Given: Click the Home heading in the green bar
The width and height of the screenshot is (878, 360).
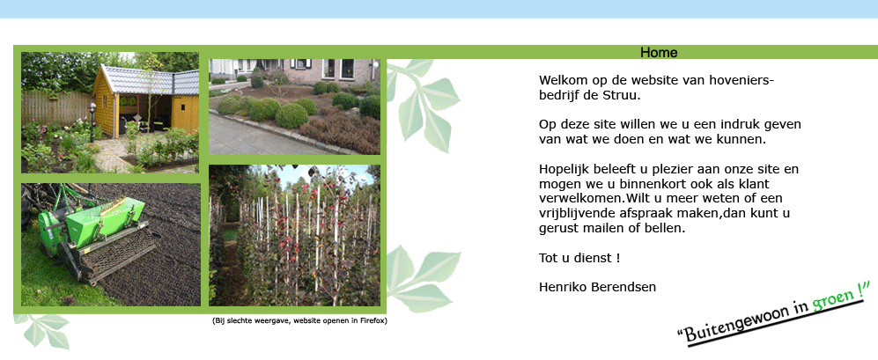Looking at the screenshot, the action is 659,53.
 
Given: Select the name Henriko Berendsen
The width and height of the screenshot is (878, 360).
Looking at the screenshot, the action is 597,287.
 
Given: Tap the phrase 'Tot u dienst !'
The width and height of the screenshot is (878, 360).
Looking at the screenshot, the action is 579,258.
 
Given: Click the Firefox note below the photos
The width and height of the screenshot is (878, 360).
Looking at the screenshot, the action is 299,320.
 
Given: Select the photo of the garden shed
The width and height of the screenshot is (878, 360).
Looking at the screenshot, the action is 110,113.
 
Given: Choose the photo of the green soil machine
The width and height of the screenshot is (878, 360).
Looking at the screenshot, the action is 111,245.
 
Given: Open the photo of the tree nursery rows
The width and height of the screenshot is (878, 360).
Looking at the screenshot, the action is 294,235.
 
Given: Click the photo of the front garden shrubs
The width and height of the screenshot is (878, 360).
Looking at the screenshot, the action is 294,107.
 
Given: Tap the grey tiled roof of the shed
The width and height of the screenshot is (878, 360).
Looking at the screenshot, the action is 150,79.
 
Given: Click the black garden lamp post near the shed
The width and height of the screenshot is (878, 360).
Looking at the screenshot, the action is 92,122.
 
